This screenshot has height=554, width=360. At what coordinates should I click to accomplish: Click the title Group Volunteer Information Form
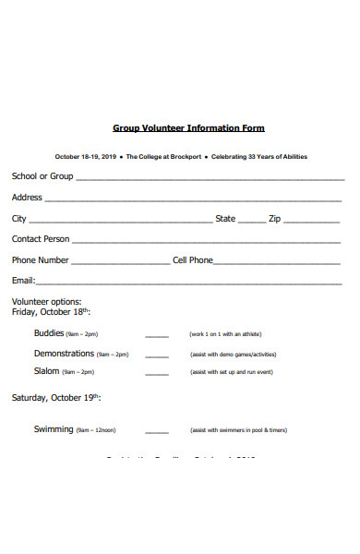point(188,128)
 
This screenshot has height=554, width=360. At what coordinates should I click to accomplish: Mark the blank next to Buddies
point(157,337)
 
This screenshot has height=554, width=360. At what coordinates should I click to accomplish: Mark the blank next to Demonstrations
point(157,356)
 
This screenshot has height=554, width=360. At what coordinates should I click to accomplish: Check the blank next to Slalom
point(157,375)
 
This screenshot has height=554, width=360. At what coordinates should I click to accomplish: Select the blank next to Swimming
point(157,433)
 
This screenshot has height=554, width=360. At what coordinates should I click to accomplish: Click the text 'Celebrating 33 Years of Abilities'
point(259,157)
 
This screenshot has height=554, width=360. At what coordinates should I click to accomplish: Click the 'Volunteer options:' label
point(46,302)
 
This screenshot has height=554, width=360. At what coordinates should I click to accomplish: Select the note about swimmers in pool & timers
point(238,430)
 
